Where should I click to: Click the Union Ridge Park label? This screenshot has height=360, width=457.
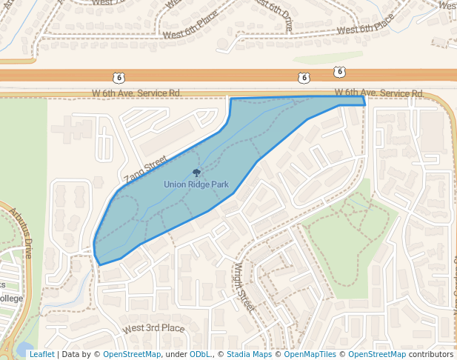[196, 184]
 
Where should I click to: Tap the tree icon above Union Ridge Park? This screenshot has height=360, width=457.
[196, 173]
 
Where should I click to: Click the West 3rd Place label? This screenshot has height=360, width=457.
[154, 328]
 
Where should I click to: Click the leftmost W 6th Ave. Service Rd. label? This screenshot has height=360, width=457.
[136, 93]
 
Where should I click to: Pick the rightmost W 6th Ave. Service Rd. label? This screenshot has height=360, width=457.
[379, 93]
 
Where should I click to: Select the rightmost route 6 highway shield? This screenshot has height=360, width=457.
[339, 72]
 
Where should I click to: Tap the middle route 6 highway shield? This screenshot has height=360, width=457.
[304, 77]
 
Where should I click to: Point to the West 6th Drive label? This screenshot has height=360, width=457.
[274, 15]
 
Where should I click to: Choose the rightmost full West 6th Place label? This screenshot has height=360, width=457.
[365, 27]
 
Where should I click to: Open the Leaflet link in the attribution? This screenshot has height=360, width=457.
[41, 354]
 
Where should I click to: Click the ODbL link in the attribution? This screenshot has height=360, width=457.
[200, 354]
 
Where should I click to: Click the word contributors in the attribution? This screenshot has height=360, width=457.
[430, 354]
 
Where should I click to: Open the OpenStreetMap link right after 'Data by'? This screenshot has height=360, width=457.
[132, 354]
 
